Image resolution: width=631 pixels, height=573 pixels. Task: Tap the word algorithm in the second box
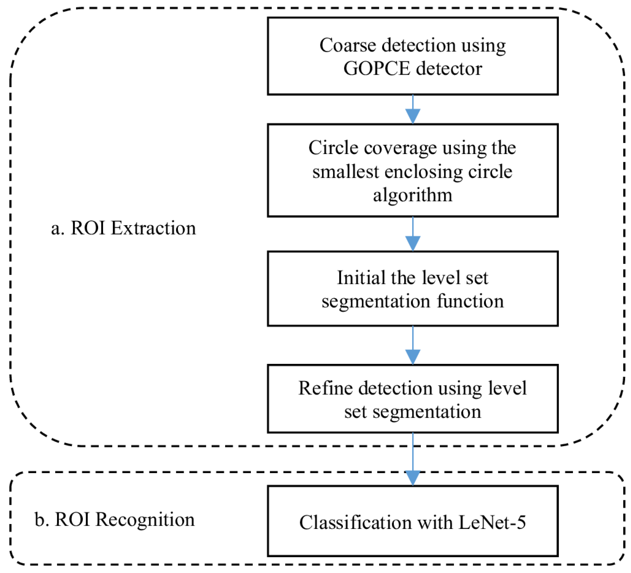pos(412,195)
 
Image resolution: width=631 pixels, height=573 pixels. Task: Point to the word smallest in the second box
pos(345,172)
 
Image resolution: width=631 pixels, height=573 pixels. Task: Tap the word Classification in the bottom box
pos(355,522)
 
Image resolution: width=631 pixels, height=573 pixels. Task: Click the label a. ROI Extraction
pos(123,228)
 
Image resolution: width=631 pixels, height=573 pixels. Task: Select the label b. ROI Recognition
pos(114,519)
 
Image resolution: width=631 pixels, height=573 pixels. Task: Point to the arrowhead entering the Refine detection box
pos(412,357)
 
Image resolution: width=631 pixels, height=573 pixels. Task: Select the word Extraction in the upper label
pos(153,228)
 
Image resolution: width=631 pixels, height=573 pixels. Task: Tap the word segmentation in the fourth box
pos(427,412)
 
